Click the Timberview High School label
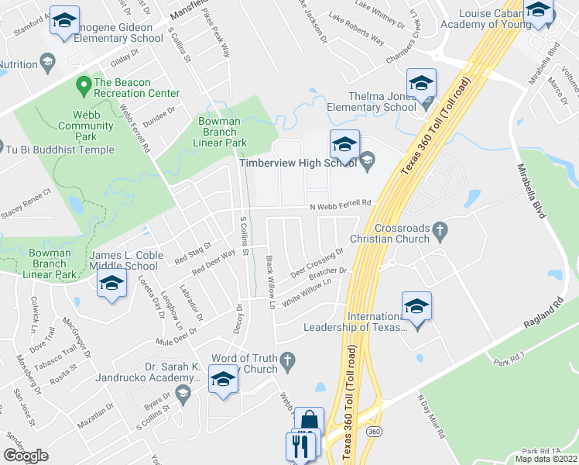297,163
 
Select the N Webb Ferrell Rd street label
341,204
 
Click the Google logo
26,456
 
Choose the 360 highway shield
375,430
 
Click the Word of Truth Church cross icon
287,358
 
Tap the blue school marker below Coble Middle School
112,284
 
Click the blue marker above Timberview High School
345,143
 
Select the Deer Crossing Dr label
317,264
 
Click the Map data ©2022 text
546,459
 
